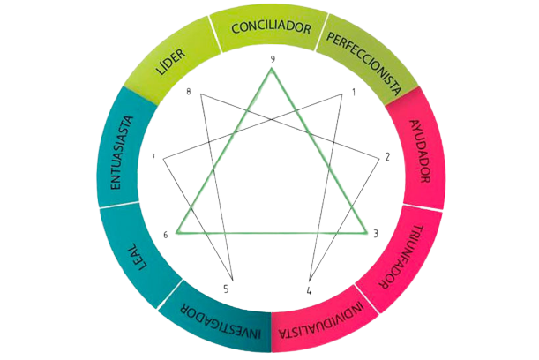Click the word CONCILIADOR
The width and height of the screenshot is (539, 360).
pyautogui.click(x=271, y=27)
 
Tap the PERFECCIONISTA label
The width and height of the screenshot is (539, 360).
pyautogui.click(x=363, y=63)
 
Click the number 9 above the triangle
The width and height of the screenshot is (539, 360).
pyautogui.click(x=273, y=58)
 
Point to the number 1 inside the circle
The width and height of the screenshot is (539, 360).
pyautogui.click(x=354, y=91)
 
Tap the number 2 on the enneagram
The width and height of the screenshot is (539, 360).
pyautogui.click(x=387, y=156)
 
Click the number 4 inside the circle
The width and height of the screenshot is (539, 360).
pyautogui.click(x=310, y=289)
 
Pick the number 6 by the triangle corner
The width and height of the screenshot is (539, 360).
pyautogui.click(x=166, y=234)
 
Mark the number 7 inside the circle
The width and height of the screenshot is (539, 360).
pyautogui.click(x=154, y=156)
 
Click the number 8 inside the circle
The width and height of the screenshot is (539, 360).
pyautogui.click(x=190, y=91)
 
